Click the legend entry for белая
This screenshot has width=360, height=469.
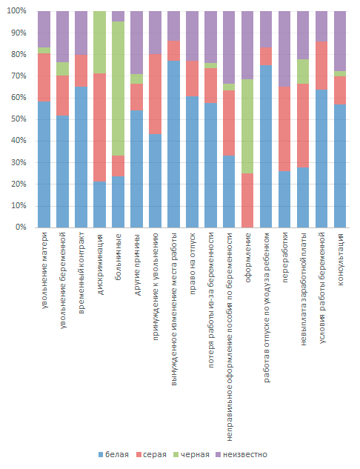[x=113, y=455]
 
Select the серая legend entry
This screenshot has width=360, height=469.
[x=151, y=455]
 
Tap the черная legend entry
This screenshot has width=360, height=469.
[x=191, y=455]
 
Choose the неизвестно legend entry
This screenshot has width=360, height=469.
[x=241, y=455]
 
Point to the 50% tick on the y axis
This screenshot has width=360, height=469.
[x=19, y=119]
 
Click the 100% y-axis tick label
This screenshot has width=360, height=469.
[x=17, y=11]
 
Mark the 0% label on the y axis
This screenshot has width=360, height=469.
[x=21, y=227]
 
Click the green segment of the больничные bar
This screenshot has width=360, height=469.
[x=118, y=88]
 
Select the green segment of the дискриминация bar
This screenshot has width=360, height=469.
[x=99, y=42]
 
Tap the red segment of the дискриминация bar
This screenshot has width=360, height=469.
[x=99, y=127]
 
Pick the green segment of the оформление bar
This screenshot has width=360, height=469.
[x=247, y=126]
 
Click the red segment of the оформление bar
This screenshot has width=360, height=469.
[x=247, y=200]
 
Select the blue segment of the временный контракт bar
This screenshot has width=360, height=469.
[x=81, y=157]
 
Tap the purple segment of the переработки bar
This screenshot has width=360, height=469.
[x=284, y=49]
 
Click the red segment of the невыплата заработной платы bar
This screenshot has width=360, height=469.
[x=303, y=126]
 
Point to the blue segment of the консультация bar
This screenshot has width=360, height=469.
[x=340, y=166]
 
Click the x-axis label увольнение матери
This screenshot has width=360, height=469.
[x=44, y=270]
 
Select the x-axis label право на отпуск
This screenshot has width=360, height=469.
[x=193, y=264]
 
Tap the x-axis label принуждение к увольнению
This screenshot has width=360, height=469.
[x=155, y=287]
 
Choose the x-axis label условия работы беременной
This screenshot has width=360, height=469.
[x=321, y=288]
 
